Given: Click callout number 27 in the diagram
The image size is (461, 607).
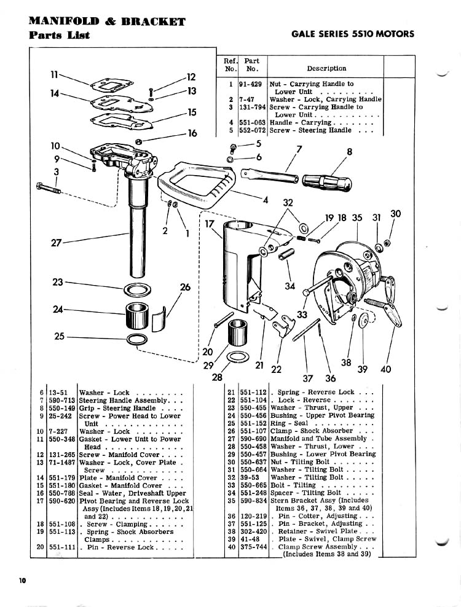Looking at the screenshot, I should [56, 243].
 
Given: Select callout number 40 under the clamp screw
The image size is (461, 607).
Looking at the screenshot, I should [385, 369].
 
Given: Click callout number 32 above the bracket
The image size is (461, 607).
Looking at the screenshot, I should [288, 203].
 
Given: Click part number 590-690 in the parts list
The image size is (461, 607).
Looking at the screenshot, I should [253, 439].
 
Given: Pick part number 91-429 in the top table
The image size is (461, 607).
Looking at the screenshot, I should [251, 84].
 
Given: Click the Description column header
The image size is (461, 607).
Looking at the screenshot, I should [326, 69].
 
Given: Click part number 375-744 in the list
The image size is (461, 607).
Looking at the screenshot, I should [253, 547].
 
